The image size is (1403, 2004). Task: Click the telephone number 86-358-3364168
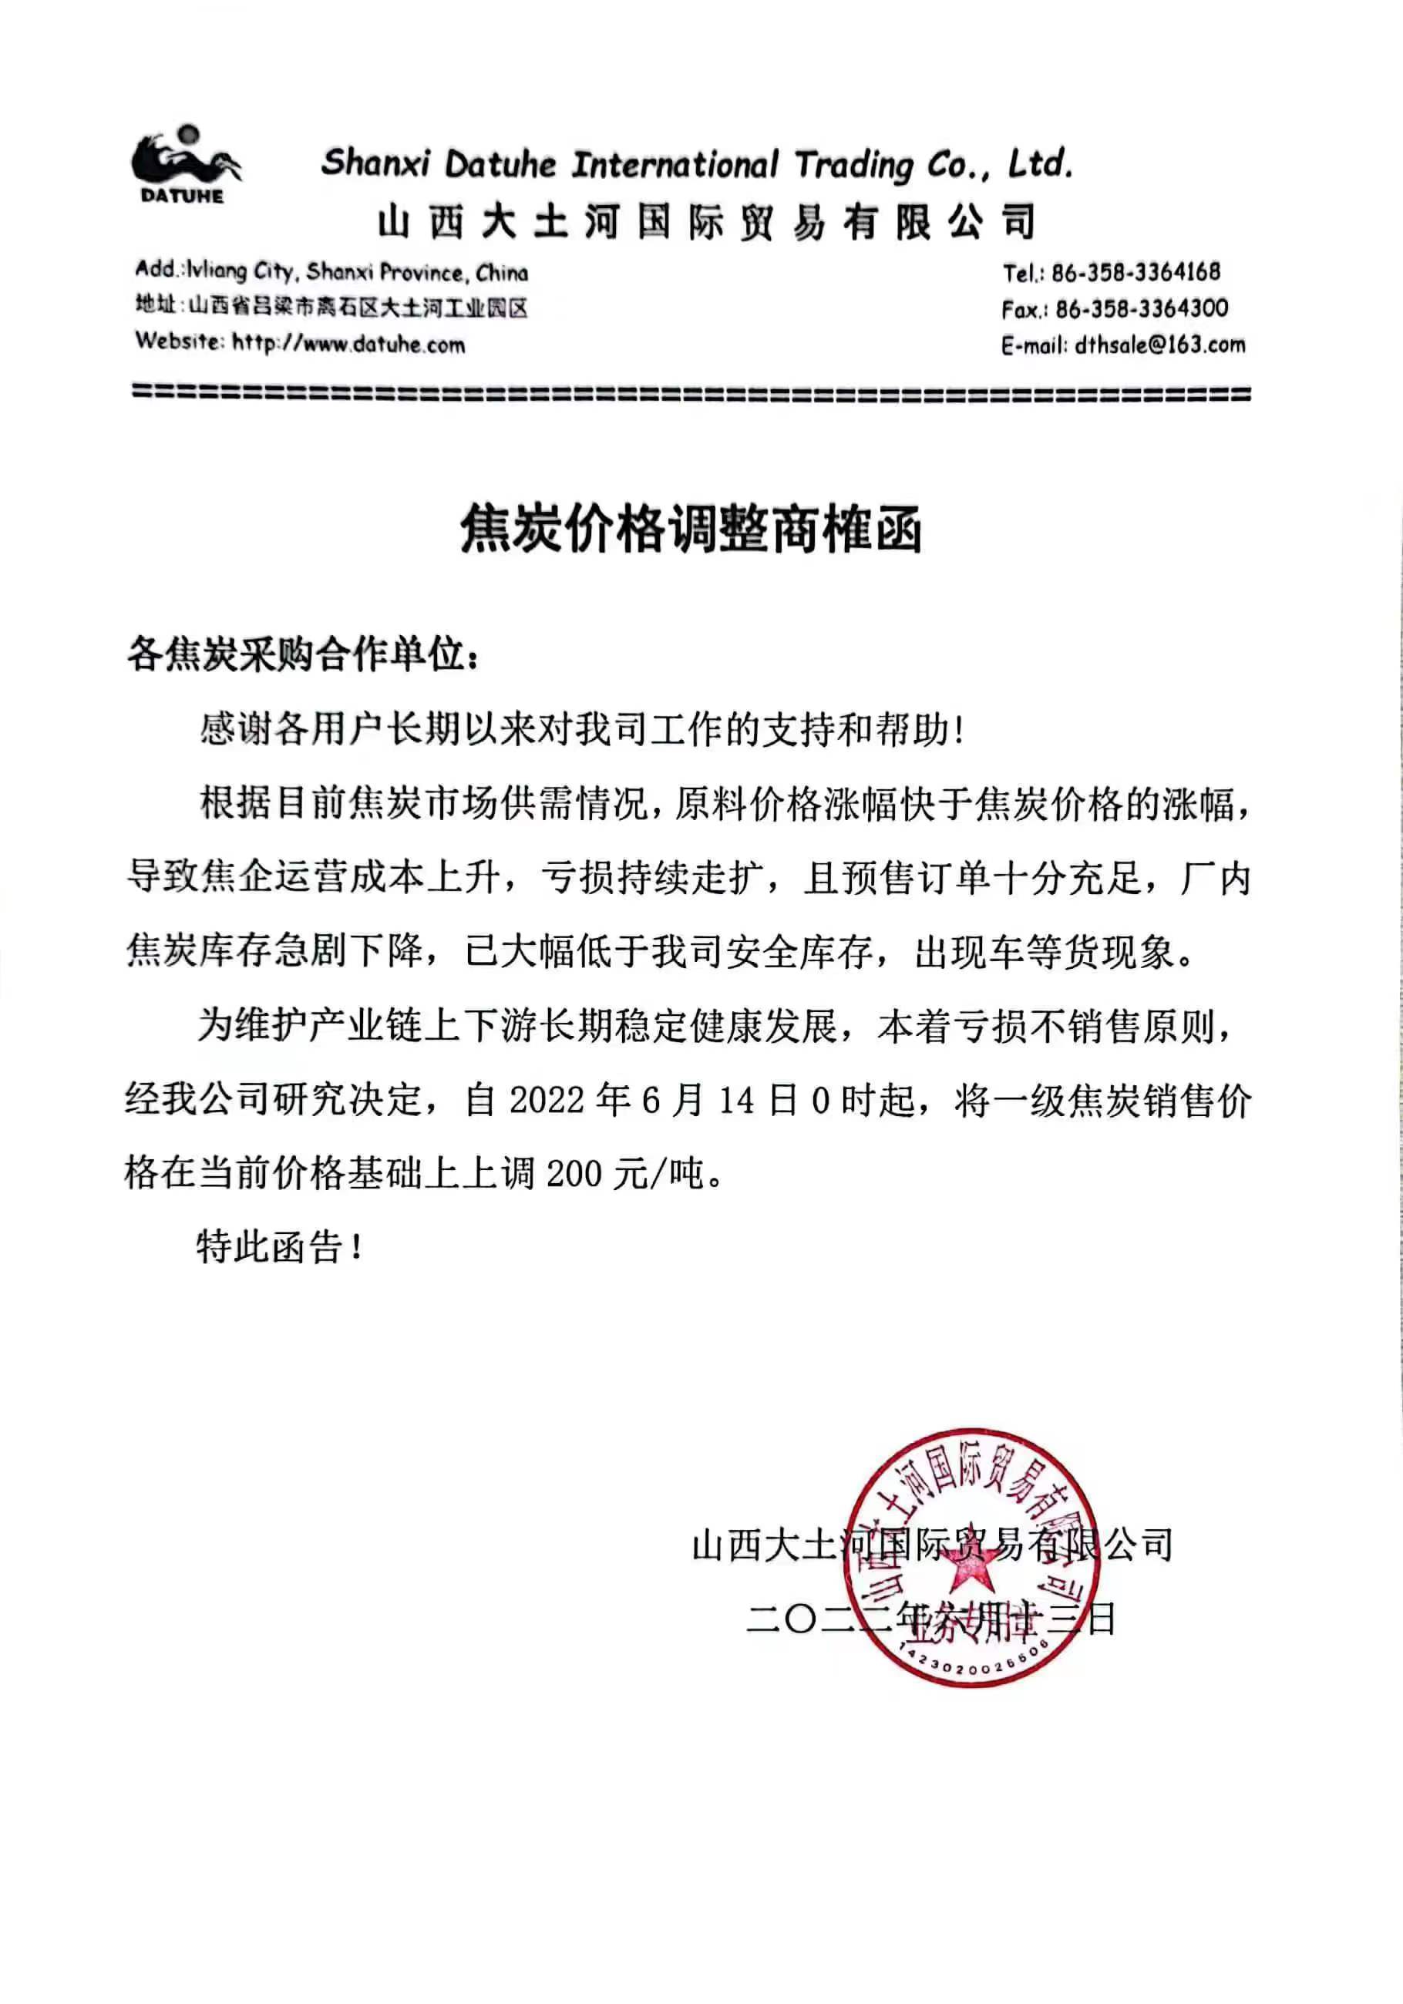[x=1135, y=272]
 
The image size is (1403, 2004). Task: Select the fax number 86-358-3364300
[x=1141, y=308]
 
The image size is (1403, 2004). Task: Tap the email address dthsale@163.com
[x=1159, y=345]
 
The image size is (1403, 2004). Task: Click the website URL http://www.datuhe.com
[x=348, y=344]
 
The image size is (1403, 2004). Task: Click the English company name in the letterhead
[x=697, y=164]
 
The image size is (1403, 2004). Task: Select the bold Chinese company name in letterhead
[x=707, y=222]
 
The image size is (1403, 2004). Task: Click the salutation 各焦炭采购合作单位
[x=302, y=654]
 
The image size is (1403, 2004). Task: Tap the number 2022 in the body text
[x=547, y=1100]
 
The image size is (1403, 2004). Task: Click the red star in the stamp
[x=968, y=1569]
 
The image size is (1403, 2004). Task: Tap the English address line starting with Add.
[x=331, y=271]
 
